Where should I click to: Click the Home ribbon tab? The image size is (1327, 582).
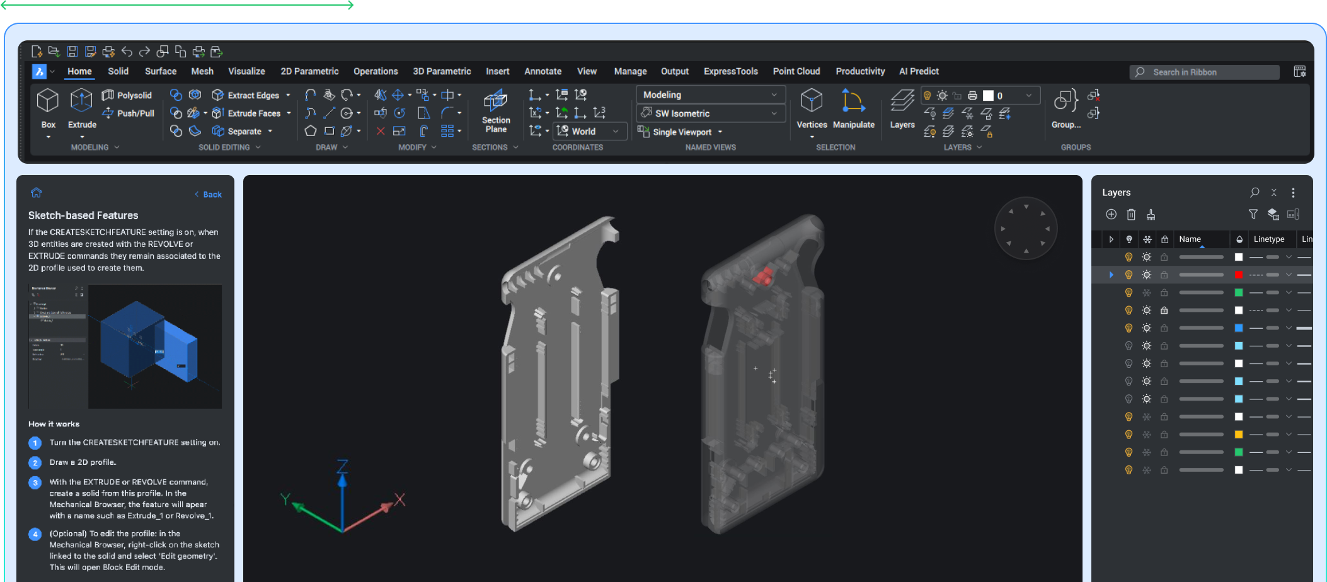pyautogui.click(x=79, y=72)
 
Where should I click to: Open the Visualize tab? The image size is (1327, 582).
pyautogui.click(x=246, y=72)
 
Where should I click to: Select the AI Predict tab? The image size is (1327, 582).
pyautogui.click(x=919, y=72)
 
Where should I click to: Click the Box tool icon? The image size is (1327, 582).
pyautogui.click(x=48, y=101)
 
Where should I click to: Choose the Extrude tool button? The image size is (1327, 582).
pyautogui.click(x=82, y=101)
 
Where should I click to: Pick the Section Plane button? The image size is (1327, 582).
pyautogui.click(x=496, y=111)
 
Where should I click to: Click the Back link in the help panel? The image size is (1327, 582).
pyautogui.click(x=209, y=195)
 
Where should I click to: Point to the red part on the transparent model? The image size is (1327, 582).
pyautogui.click(x=763, y=276)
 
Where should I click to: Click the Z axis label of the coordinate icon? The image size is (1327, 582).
pyautogui.click(x=342, y=467)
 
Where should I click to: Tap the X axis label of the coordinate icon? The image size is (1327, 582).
pyautogui.click(x=399, y=499)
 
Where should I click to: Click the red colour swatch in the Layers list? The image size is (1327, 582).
pyautogui.click(x=1238, y=275)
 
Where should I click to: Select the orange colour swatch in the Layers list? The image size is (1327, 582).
pyautogui.click(x=1238, y=435)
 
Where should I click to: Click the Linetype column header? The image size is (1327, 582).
pyautogui.click(x=1268, y=239)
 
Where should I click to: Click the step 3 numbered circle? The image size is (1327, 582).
pyautogui.click(x=35, y=482)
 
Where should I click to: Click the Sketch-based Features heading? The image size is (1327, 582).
pyautogui.click(x=83, y=215)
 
